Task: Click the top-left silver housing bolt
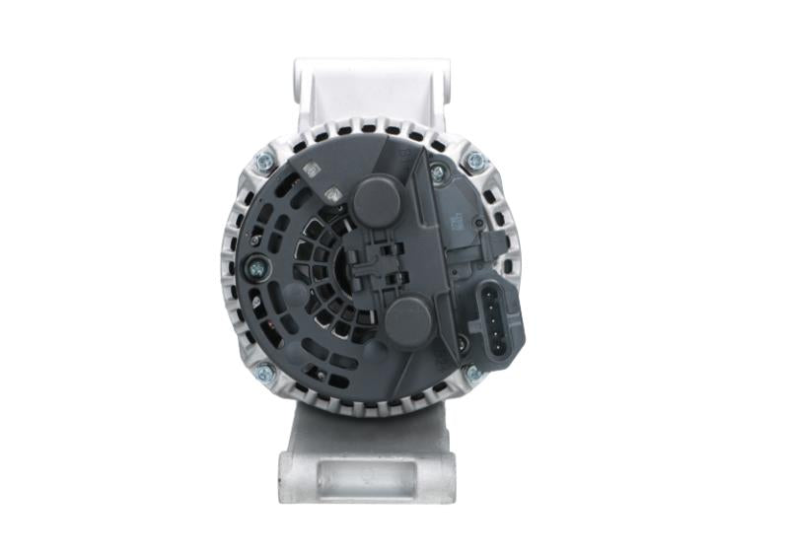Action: pos(264,161)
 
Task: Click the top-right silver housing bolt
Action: pos(475,160)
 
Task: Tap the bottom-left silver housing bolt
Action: pos(264,374)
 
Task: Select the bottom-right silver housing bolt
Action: pos(473,374)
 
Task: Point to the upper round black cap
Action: pos(377,200)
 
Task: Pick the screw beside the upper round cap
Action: pos(437,173)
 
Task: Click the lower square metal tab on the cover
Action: pos(333,194)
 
